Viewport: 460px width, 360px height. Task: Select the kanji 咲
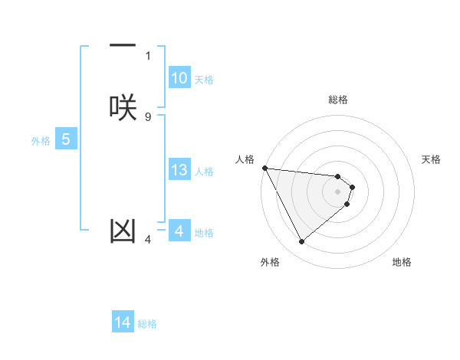tap(123, 106)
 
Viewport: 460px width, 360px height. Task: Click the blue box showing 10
tap(179, 78)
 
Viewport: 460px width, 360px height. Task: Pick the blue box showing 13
tap(179, 170)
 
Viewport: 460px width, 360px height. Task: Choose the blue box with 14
tap(123, 322)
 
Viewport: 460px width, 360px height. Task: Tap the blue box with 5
tap(66, 139)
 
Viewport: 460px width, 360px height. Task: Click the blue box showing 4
tap(179, 231)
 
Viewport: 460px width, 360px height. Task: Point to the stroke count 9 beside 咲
tap(147, 116)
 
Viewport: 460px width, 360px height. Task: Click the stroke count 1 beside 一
tap(147, 55)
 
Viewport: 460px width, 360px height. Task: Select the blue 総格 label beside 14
tap(147, 324)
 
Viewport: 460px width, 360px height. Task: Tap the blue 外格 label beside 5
tap(41, 141)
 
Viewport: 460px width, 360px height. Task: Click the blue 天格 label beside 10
tap(204, 80)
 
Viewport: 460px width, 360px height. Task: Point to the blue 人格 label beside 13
tap(204, 172)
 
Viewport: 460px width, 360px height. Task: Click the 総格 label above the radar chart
tap(338, 100)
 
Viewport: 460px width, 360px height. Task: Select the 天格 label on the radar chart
tap(432, 159)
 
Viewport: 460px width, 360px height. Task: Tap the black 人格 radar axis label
tap(245, 159)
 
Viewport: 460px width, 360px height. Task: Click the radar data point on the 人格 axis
tap(264, 168)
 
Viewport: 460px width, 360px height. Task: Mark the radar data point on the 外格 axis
tap(301, 241)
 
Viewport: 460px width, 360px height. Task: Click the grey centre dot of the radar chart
tap(338, 191)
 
